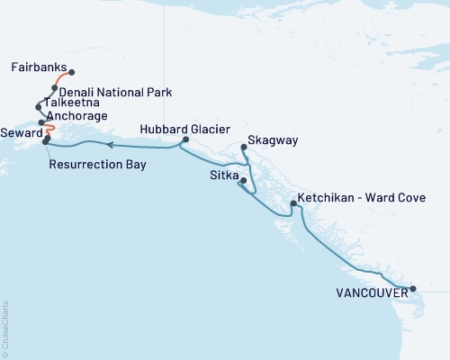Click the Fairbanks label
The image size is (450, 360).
pyautogui.click(x=39, y=67)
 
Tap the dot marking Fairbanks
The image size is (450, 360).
pyautogui.click(x=72, y=73)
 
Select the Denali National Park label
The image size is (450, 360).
pyautogui.click(x=115, y=92)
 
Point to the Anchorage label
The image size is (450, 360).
pyautogui.click(x=77, y=117)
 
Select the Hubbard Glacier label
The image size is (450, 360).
pyautogui.click(x=179, y=130)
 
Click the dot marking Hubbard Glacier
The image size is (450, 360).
pyautogui.click(x=184, y=140)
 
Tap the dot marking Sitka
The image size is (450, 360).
pyautogui.click(x=242, y=181)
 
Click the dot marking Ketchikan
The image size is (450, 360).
pyautogui.click(x=293, y=204)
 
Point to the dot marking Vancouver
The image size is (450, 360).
pyautogui.click(x=413, y=289)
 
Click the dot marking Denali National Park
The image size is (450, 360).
pyautogui.click(x=55, y=88)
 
